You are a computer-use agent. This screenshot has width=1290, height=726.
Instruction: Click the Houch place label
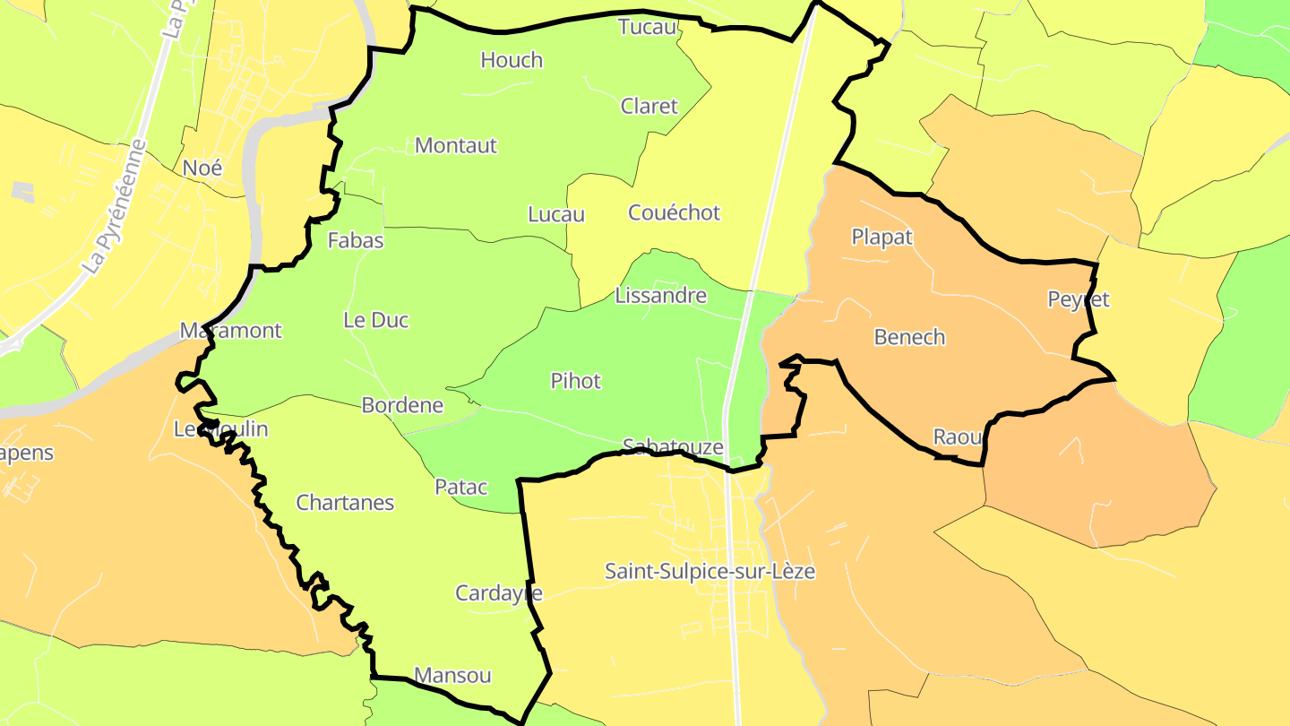tap(512, 60)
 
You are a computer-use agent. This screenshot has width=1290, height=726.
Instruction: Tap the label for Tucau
tap(647, 27)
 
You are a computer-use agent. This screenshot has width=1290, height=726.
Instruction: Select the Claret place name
tap(649, 106)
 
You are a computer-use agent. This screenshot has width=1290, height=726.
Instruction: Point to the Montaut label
tap(456, 145)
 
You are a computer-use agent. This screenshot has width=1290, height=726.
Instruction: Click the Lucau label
tap(556, 214)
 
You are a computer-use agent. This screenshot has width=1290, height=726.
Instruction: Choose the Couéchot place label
tap(675, 212)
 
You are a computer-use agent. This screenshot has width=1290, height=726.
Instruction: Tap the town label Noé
tap(202, 168)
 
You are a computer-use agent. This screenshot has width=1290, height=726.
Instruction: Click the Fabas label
tap(356, 240)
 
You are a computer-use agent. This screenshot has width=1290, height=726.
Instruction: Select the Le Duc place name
tap(376, 320)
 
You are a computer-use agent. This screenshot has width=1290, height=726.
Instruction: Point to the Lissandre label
tap(661, 296)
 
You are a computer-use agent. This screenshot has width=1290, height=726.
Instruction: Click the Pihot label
tap(576, 381)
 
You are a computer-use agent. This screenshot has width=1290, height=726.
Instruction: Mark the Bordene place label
tap(402, 405)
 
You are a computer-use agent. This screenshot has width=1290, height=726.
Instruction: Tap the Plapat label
tap(882, 237)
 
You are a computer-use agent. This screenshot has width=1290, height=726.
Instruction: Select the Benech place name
tap(909, 337)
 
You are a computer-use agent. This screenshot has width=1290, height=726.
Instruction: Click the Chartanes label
tap(345, 503)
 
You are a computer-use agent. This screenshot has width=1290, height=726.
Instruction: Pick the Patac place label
tap(461, 488)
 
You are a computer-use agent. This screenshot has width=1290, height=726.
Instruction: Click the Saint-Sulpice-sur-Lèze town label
tap(710, 571)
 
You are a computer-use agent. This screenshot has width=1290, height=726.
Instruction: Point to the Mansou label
tap(452, 675)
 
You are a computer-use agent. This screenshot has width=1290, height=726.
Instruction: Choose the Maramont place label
tap(231, 331)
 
